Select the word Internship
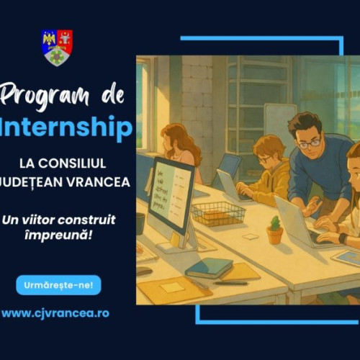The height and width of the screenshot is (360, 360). [67, 128]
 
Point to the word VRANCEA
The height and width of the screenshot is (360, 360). [101, 181]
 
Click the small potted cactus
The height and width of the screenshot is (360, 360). [274, 232]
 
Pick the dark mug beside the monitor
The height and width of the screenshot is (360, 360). [140, 224]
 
